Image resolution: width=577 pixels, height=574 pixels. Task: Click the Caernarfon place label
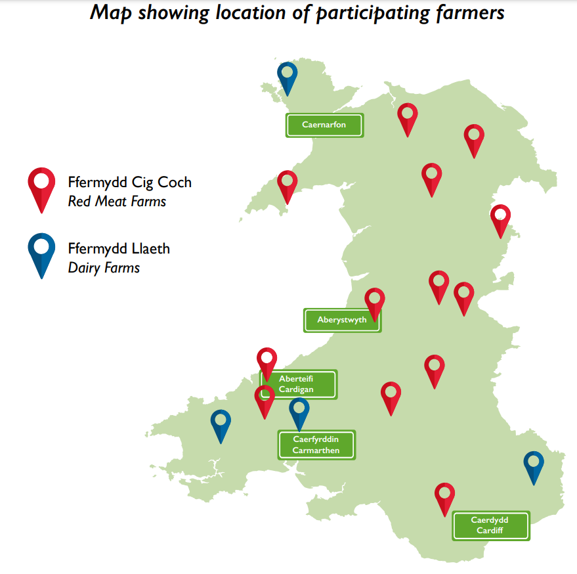click(324, 125)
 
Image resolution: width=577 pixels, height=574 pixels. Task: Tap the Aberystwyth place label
click(342, 320)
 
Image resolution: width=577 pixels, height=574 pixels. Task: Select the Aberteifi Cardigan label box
click(299, 384)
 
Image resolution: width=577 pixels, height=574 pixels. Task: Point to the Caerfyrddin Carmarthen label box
click(316, 445)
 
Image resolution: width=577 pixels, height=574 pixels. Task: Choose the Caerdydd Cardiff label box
click(490, 525)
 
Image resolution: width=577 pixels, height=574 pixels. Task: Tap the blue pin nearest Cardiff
click(534, 466)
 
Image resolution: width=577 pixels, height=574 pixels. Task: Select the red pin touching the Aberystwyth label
click(375, 303)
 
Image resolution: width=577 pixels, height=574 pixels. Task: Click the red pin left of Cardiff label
click(445, 497)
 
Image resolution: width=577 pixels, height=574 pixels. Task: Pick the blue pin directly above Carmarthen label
click(299, 412)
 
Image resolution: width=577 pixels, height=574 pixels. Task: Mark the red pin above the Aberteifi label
click(267, 362)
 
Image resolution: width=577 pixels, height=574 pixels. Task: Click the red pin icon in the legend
click(41, 188)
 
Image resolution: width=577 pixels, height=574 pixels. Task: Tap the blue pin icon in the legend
click(41, 253)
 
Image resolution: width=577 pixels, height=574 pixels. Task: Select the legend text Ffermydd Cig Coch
click(130, 183)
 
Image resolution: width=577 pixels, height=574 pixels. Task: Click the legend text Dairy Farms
click(104, 267)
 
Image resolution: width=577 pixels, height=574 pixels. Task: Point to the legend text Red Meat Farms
click(117, 202)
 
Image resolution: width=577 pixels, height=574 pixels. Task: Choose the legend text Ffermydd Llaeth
click(119, 248)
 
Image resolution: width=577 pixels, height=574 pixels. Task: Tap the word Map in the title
click(111, 12)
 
